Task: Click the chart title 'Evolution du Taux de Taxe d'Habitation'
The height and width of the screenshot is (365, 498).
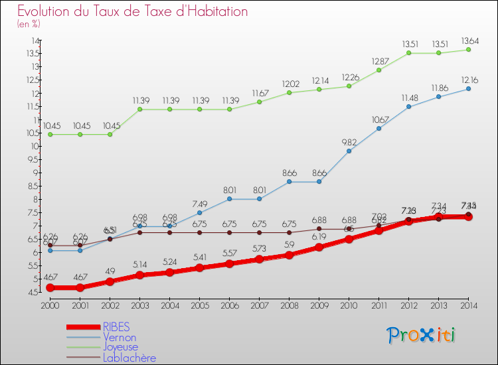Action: [132, 11]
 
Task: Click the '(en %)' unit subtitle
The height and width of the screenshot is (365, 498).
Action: [29, 23]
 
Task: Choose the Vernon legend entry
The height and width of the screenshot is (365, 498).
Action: [120, 337]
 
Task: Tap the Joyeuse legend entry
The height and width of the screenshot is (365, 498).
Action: [120, 347]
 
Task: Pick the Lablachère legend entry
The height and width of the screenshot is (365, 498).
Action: [129, 358]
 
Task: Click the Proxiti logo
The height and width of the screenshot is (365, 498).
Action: [422, 335]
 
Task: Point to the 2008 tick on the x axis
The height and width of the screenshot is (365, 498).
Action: [289, 305]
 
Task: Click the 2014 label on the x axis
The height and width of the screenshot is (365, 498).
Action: [468, 305]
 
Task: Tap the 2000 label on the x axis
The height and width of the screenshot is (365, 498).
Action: [50, 305]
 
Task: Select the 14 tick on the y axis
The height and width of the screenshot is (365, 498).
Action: [33, 40]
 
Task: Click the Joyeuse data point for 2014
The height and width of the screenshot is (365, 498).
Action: [468, 49]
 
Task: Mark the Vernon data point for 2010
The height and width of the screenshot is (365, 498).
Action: [349, 151]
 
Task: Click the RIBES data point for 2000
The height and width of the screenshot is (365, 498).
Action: [50, 287]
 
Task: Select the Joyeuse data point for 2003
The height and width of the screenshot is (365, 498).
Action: [139, 109]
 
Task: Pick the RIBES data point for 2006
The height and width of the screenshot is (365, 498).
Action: [229, 263]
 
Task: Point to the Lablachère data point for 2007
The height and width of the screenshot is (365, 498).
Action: [259, 232]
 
